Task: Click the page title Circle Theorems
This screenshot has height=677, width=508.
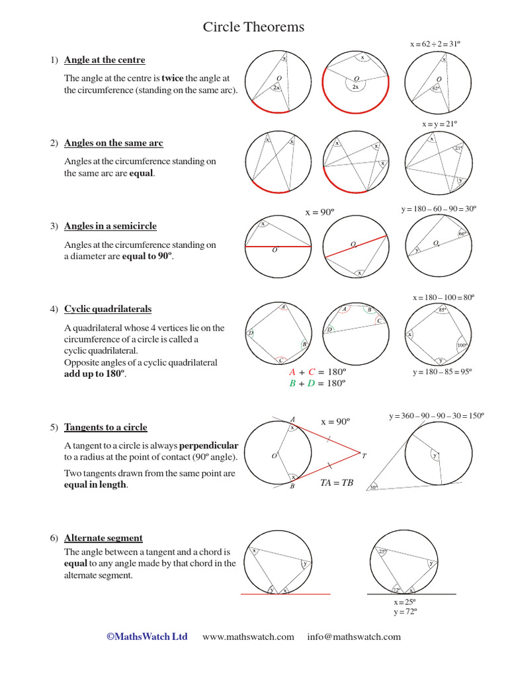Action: coord(253,27)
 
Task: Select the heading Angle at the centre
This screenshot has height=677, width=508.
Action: coord(105,60)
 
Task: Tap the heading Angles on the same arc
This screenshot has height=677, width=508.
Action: coord(113,143)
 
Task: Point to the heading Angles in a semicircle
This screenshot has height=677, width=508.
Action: coord(110,226)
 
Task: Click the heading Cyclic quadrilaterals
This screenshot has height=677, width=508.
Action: coord(108,309)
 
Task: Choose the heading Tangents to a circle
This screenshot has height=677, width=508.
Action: coord(106,427)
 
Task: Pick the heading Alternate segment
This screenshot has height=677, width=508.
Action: coord(103,538)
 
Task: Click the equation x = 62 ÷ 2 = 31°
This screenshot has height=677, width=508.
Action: coord(435,44)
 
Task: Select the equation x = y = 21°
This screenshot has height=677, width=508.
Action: coord(440,124)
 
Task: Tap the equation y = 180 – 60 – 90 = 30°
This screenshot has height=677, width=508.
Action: coord(439,209)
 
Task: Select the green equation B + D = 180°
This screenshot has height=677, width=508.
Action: coord(318,383)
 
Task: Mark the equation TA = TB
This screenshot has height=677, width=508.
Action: coord(337,483)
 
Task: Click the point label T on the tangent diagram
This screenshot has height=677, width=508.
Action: coord(364,456)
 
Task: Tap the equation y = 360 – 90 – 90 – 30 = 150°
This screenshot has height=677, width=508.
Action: coord(436,416)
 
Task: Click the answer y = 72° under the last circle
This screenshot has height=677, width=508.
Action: coord(405,612)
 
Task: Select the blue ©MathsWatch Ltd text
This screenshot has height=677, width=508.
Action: coord(147,637)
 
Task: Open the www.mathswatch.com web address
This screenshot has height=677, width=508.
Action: coord(248,637)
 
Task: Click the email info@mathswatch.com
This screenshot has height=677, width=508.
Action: coord(354,637)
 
